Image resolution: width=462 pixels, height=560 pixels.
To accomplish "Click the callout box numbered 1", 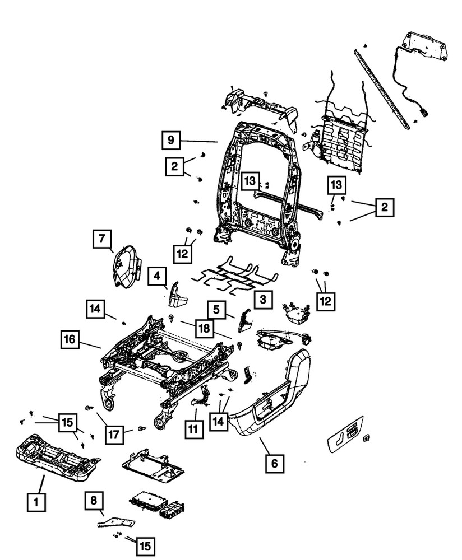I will click(x=36, y=503).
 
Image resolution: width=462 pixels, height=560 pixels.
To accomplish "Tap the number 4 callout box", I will click(x=157, y=276).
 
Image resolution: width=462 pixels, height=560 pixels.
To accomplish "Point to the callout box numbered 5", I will click(x=215, y=309).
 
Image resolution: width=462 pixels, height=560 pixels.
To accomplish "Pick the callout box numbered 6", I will click(x=274, y=463).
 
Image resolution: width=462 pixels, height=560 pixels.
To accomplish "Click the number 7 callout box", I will click(x=101, y=240).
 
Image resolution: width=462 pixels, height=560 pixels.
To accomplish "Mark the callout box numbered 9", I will click(x=171, y=140).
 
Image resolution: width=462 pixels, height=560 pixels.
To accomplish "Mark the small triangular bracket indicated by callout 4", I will click(x=179, y=296).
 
